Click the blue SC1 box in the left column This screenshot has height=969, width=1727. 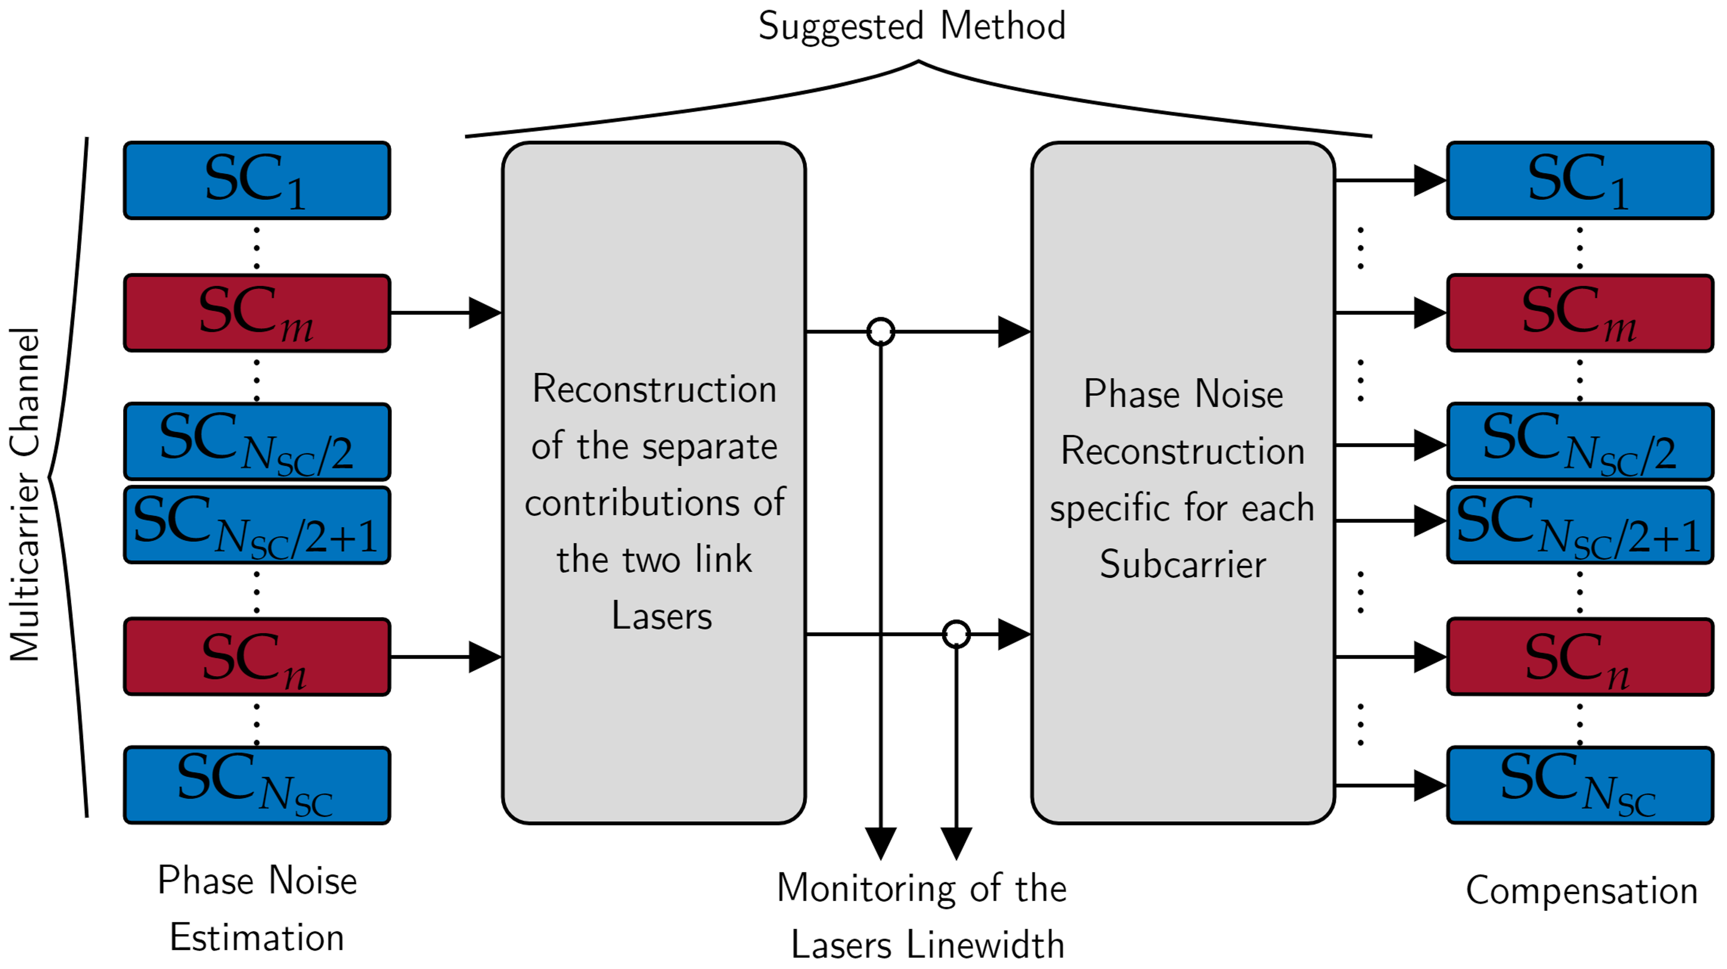coord(257,180)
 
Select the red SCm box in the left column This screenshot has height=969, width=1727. coord(257,312)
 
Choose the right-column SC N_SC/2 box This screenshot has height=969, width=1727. coord(1579,441)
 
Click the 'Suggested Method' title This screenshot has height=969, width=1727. coord(912,27)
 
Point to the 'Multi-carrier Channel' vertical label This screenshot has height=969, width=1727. coord(26,495)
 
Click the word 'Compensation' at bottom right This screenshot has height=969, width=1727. coord(1581,891)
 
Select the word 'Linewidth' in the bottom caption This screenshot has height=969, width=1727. coord(986,945)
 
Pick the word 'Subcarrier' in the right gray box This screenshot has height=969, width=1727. coord(1183,564)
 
